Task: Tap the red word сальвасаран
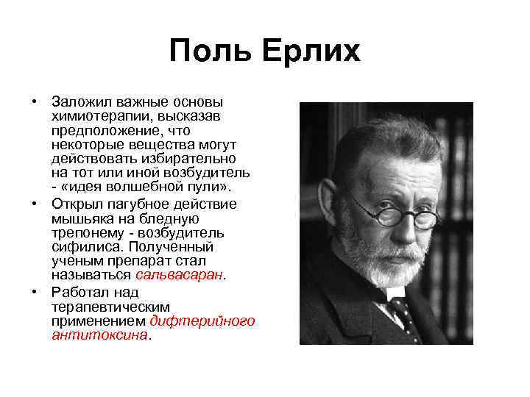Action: click(x=180, y=275)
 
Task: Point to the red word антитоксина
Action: click(x=99, y=335)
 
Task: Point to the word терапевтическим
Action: click(x=110, y=306)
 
